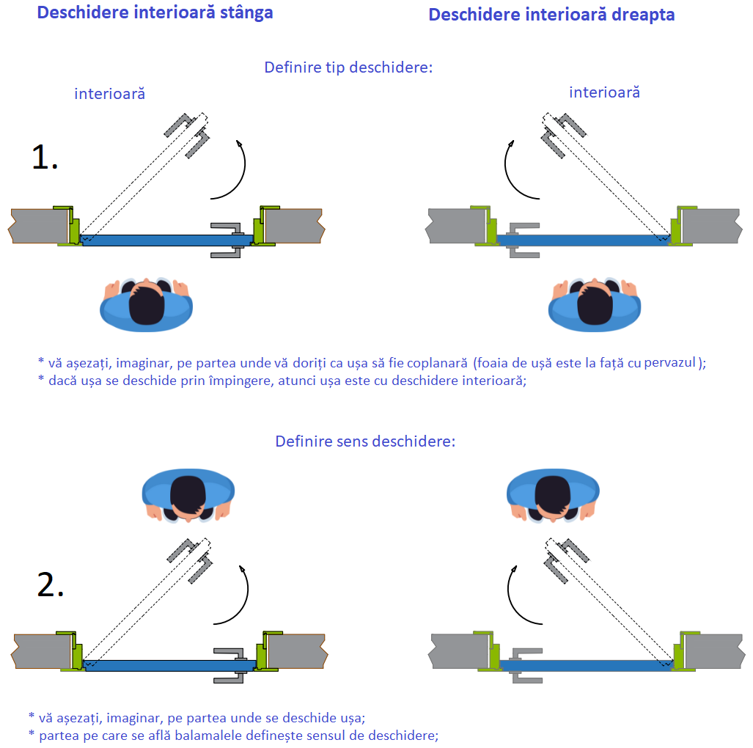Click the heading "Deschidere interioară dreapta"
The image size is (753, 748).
click(551, 15)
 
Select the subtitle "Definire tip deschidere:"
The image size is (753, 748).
click(348, 67)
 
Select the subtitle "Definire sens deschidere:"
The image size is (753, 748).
click(365, 441)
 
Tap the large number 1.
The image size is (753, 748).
click(45, 157)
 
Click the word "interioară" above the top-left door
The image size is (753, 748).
click(109, 94)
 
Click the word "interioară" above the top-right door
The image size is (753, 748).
click(604, 92)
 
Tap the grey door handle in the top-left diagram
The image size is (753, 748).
click(229, 239)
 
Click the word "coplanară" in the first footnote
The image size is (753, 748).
click(433, 362)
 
